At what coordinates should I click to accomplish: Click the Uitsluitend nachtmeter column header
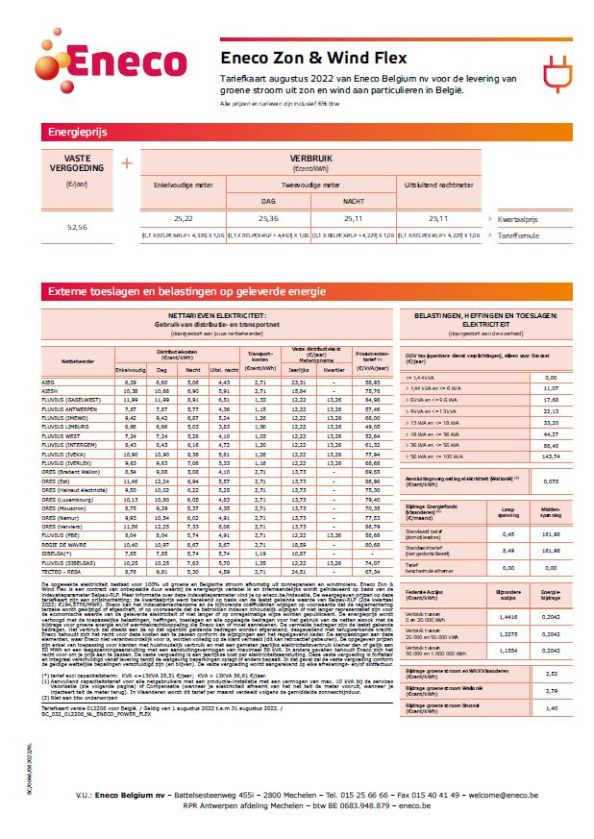pos(438,182)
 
